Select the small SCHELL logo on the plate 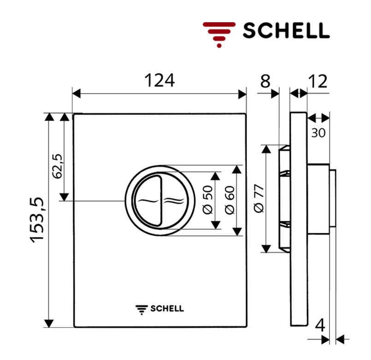click(x=159, y=308)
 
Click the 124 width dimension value click(x=160, y=81)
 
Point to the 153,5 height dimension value click(x=37, y=220)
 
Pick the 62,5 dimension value click(x=57, y=166)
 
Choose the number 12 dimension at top click(x=318, y=82)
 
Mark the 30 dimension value click(x=318, y=133)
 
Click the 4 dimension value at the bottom click(x=321, y=325)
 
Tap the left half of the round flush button click(x=148, y=201)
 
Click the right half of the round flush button click(x=174, y=201)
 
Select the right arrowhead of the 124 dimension click(x=242, y=94)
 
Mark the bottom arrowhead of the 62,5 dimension click(x=65, y=197)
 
